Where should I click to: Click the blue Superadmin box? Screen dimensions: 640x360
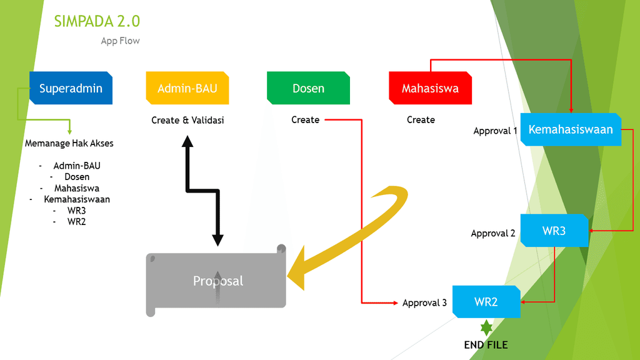71,87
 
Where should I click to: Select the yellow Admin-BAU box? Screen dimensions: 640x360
187,87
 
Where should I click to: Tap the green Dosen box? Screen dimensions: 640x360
308,87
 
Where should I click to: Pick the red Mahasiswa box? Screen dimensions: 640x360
430,87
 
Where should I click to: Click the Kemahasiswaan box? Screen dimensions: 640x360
571,129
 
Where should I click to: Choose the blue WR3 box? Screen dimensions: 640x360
554,231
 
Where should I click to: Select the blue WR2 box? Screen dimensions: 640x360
486,302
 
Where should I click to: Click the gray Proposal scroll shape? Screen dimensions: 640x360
216,281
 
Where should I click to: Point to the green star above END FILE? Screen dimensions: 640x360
486,327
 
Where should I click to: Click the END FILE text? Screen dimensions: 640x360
486,345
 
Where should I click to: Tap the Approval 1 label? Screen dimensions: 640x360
495,131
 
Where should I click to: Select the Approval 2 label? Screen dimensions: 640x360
493,234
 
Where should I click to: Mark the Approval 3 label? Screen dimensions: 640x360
424,303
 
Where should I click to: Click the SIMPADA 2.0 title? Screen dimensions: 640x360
97,21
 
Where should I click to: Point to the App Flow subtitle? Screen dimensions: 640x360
121,41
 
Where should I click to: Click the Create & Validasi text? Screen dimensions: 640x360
187,120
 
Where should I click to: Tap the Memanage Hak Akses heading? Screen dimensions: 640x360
69,143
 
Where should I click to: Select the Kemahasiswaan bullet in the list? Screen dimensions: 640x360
77,199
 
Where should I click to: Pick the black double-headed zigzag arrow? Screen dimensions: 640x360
202,191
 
